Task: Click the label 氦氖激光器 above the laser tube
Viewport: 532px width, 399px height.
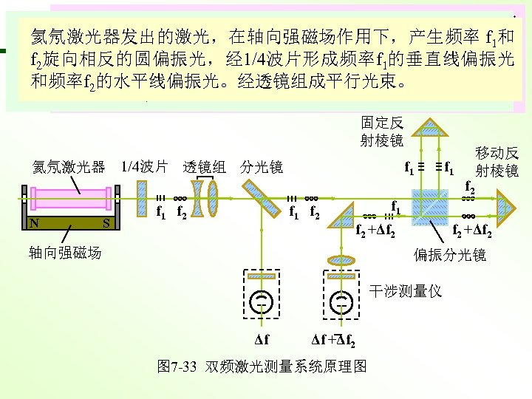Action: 67,167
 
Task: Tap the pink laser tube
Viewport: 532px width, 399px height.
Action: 71,199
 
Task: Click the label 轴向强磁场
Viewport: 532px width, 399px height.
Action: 65,253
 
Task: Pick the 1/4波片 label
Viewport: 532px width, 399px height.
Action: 145,167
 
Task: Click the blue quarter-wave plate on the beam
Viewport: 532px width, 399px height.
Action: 141,197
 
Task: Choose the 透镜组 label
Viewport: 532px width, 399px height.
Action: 204,167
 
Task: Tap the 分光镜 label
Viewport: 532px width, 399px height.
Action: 262,167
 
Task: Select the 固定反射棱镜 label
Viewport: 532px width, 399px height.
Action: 382,131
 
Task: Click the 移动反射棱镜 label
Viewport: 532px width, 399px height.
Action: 497,162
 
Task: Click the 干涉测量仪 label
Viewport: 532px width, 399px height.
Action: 406,291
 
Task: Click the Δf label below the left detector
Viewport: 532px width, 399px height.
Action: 262,341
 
